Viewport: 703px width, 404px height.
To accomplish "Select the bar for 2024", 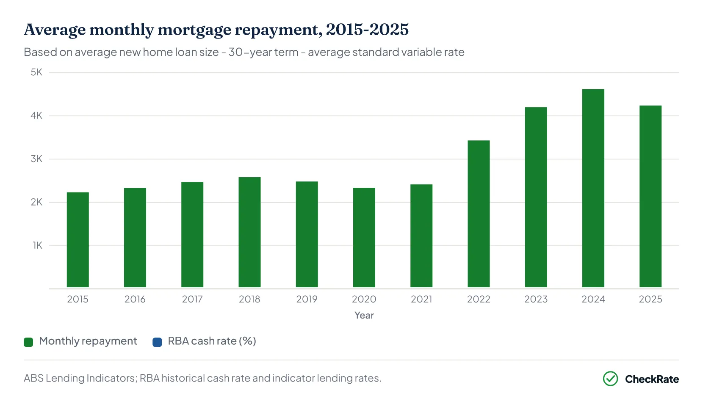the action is coord(593,188).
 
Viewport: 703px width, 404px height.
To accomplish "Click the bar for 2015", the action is coord(78,239).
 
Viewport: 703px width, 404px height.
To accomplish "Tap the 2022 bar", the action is coord(479,214).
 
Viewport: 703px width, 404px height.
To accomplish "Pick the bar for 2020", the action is coord(364,237).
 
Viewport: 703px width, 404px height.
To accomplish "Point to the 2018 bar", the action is coord(249,232).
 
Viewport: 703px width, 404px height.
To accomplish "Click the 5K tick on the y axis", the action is coord(36,72).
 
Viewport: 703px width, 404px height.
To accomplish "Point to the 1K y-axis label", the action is coord(37,245).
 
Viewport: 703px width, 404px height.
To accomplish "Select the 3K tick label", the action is coord(36,159).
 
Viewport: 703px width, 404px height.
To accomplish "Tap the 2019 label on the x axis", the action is coord(307,299).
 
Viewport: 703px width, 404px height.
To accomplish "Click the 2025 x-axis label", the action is coord(650,299).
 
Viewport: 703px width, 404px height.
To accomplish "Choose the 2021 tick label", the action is coord(421,299).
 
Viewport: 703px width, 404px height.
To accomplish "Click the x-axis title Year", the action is coord(364,315).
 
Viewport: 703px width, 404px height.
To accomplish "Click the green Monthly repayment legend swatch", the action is coord(28,342).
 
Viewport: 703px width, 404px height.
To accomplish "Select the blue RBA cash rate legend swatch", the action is coord(157,342).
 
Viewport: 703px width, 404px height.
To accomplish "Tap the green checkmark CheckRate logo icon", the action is coord(610,379).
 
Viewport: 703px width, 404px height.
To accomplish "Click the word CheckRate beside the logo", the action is coord(652,379).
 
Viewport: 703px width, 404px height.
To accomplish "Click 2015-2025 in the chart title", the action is coord(367,30).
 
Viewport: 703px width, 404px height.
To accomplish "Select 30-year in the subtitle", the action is coord(263,52).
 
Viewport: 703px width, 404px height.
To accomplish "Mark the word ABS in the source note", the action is coord(33,378).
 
